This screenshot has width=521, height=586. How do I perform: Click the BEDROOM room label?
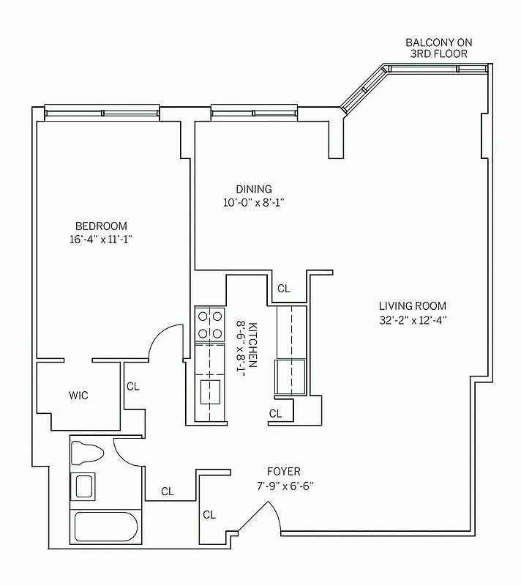(101, 226)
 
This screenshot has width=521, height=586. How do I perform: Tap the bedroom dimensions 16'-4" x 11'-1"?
(101, 239)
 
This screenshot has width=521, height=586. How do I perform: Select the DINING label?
(253, 189)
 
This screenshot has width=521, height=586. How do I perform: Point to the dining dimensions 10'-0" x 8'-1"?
(253, 202)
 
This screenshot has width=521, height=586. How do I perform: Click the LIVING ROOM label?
(412, 306)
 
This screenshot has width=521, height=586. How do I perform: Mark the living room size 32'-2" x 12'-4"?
(412, 319)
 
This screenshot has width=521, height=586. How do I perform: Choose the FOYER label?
(284, 472)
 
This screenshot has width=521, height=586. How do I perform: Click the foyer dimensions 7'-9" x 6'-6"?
(284, 485)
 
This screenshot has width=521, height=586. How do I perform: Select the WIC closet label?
(78, 396)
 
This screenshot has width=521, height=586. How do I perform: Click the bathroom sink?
(83, 486)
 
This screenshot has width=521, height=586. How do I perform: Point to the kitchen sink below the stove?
(210, 391)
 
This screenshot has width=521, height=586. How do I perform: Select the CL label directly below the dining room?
(283, 289)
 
